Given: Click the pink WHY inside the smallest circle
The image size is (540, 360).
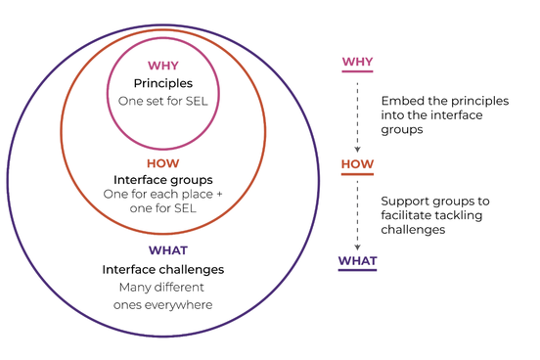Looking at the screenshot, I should [163, 67].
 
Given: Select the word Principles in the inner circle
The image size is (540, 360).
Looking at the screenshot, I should [163, 83].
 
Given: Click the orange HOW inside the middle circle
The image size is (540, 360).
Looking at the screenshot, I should [163, 163].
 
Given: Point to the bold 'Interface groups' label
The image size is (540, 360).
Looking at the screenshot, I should [163, 180].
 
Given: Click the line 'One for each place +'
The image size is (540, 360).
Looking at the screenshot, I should [163, 194].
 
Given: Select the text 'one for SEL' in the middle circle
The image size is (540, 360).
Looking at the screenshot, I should [163, 208].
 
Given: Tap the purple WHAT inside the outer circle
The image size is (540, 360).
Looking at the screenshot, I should [163, 251].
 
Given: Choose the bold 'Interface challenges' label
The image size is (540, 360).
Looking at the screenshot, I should [163, 269].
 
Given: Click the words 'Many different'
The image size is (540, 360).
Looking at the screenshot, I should [163, 287].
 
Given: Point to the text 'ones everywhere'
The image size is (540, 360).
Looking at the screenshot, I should [163, 304].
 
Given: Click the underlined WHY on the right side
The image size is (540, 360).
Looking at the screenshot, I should [357, 63].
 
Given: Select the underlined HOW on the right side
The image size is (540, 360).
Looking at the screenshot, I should [357, 164].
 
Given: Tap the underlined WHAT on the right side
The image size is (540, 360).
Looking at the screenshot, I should [357, 260].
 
